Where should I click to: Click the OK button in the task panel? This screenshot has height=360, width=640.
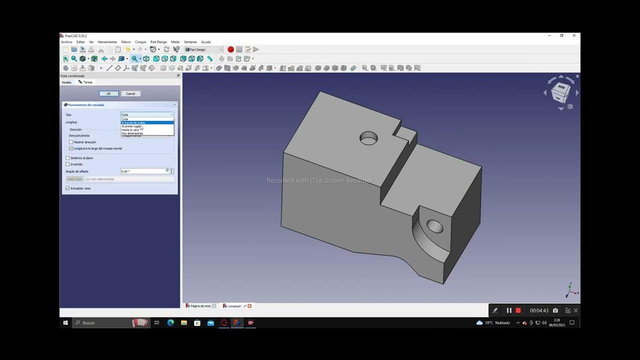pos(108,93)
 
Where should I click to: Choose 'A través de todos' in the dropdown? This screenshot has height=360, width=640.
pos(133,122)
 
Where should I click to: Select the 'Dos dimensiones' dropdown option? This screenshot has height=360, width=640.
pos(132,133)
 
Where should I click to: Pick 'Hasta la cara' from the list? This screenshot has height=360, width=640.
pos(130,130)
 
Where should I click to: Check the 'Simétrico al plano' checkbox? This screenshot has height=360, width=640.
pos(68,158)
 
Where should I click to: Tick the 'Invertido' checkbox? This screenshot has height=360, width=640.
pos(68,164)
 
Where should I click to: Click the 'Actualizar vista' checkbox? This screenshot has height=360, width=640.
pos(68,188)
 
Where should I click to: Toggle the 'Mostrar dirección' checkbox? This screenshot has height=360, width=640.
pos(71,142)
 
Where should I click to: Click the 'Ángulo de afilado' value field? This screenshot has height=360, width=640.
pos(143,171)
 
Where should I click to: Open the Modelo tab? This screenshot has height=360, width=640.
pos(66,82)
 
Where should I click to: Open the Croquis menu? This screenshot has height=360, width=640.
pos(140,42)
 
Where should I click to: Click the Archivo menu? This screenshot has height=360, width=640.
pos(66,42)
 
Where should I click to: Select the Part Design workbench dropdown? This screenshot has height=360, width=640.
pos(203,49)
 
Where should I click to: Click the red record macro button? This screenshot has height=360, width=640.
pos(230,49)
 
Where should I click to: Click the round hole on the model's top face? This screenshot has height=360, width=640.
pos(368,138)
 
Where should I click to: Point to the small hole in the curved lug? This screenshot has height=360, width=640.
pos(434,226)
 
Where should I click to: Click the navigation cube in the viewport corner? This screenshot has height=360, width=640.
pos(560,92)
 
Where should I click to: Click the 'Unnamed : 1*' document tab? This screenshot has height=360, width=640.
pos(235,306)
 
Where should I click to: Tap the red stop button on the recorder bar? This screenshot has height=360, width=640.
pos(518,310)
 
